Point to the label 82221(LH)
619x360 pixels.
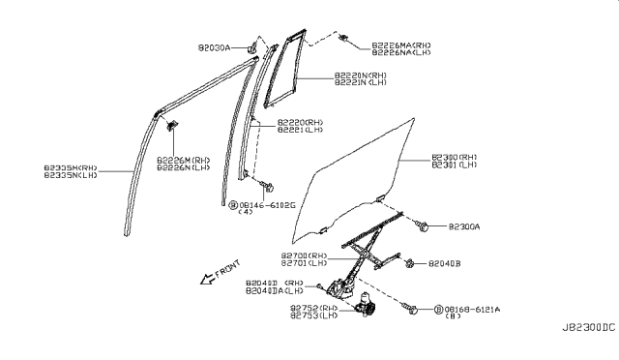pos(301,131)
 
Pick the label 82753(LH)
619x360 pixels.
pos(311,315)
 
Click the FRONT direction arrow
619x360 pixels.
pos(205,282)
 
